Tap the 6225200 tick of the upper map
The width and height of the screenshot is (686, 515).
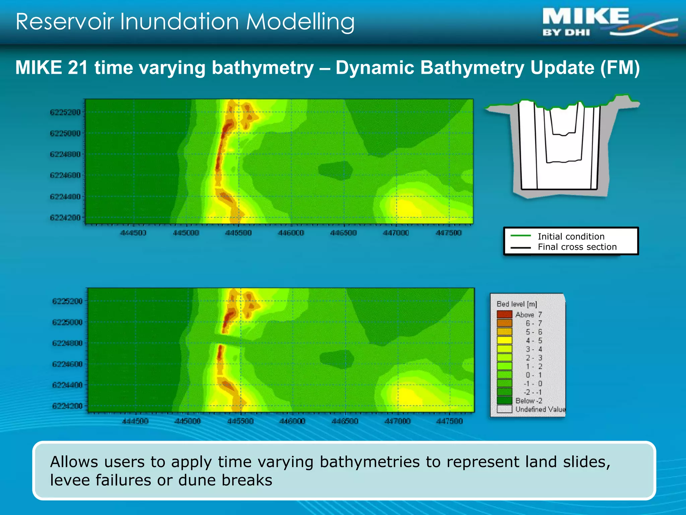pos(65,112)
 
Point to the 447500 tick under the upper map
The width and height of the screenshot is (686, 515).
pos(449,233)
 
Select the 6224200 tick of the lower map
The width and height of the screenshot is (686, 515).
pos(67,406)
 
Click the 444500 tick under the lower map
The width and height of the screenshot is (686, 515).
pos(135,421)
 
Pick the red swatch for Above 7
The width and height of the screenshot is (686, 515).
pos(504,314)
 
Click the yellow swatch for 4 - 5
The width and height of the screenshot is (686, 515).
pos(504,340)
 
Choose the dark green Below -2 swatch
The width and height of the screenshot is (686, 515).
pos(504,401)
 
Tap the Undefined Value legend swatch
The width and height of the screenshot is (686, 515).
pos(504,409)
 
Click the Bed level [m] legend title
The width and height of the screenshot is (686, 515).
pos(517,304)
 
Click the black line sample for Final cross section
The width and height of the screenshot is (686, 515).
pos(521,248)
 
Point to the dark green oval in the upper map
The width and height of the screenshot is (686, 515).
pos(335,170)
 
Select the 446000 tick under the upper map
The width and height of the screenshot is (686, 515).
pos(291,233)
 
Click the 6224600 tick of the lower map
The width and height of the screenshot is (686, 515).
pos(67,364)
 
